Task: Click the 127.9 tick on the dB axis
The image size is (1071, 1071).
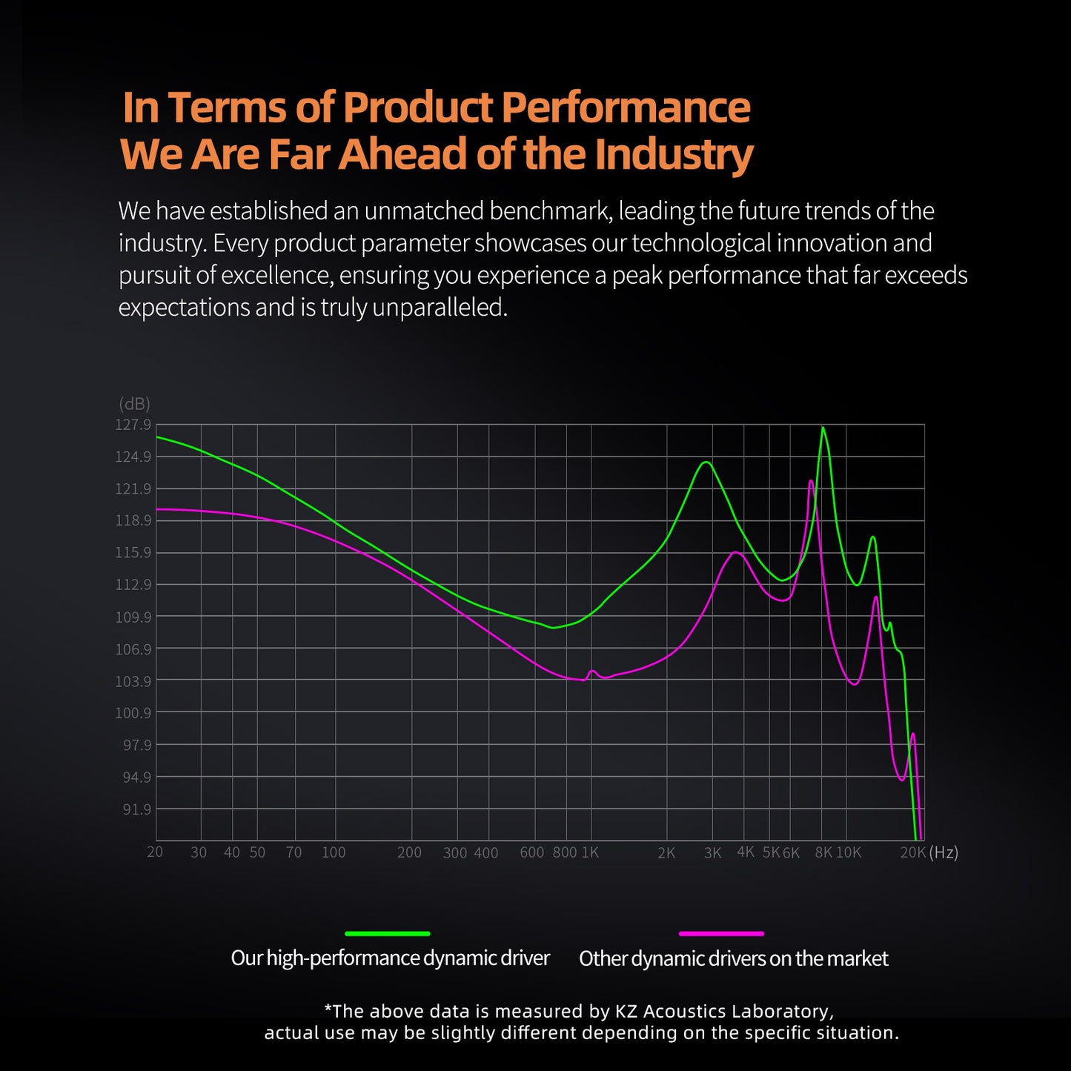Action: tap(133, 425)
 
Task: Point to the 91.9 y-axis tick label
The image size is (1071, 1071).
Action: tap(136, 809)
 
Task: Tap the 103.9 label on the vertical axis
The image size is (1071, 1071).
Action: tap(133, 681)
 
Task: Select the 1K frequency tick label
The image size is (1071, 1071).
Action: tap(590, 852)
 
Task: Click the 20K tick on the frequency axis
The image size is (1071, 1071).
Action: tap(912, 852)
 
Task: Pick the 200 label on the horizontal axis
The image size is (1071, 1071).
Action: tap(409, 852)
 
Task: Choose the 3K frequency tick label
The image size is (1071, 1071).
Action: tap(712, 853)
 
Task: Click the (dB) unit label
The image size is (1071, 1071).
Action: tap(134, 404)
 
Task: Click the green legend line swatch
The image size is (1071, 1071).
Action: tap(388, 933)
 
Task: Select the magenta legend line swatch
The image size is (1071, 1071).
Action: tap(721, 933)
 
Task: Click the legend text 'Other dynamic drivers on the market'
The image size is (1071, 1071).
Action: tap(733, 958)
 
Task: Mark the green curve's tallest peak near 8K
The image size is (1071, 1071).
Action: tap(823, 428)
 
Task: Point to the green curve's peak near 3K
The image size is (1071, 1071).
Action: tap(706, 462)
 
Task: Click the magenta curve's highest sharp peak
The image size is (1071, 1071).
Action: tap(811, 481)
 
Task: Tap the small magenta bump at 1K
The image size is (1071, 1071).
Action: tap(592, 672)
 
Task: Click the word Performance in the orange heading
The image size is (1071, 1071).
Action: tap(626, 107)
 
